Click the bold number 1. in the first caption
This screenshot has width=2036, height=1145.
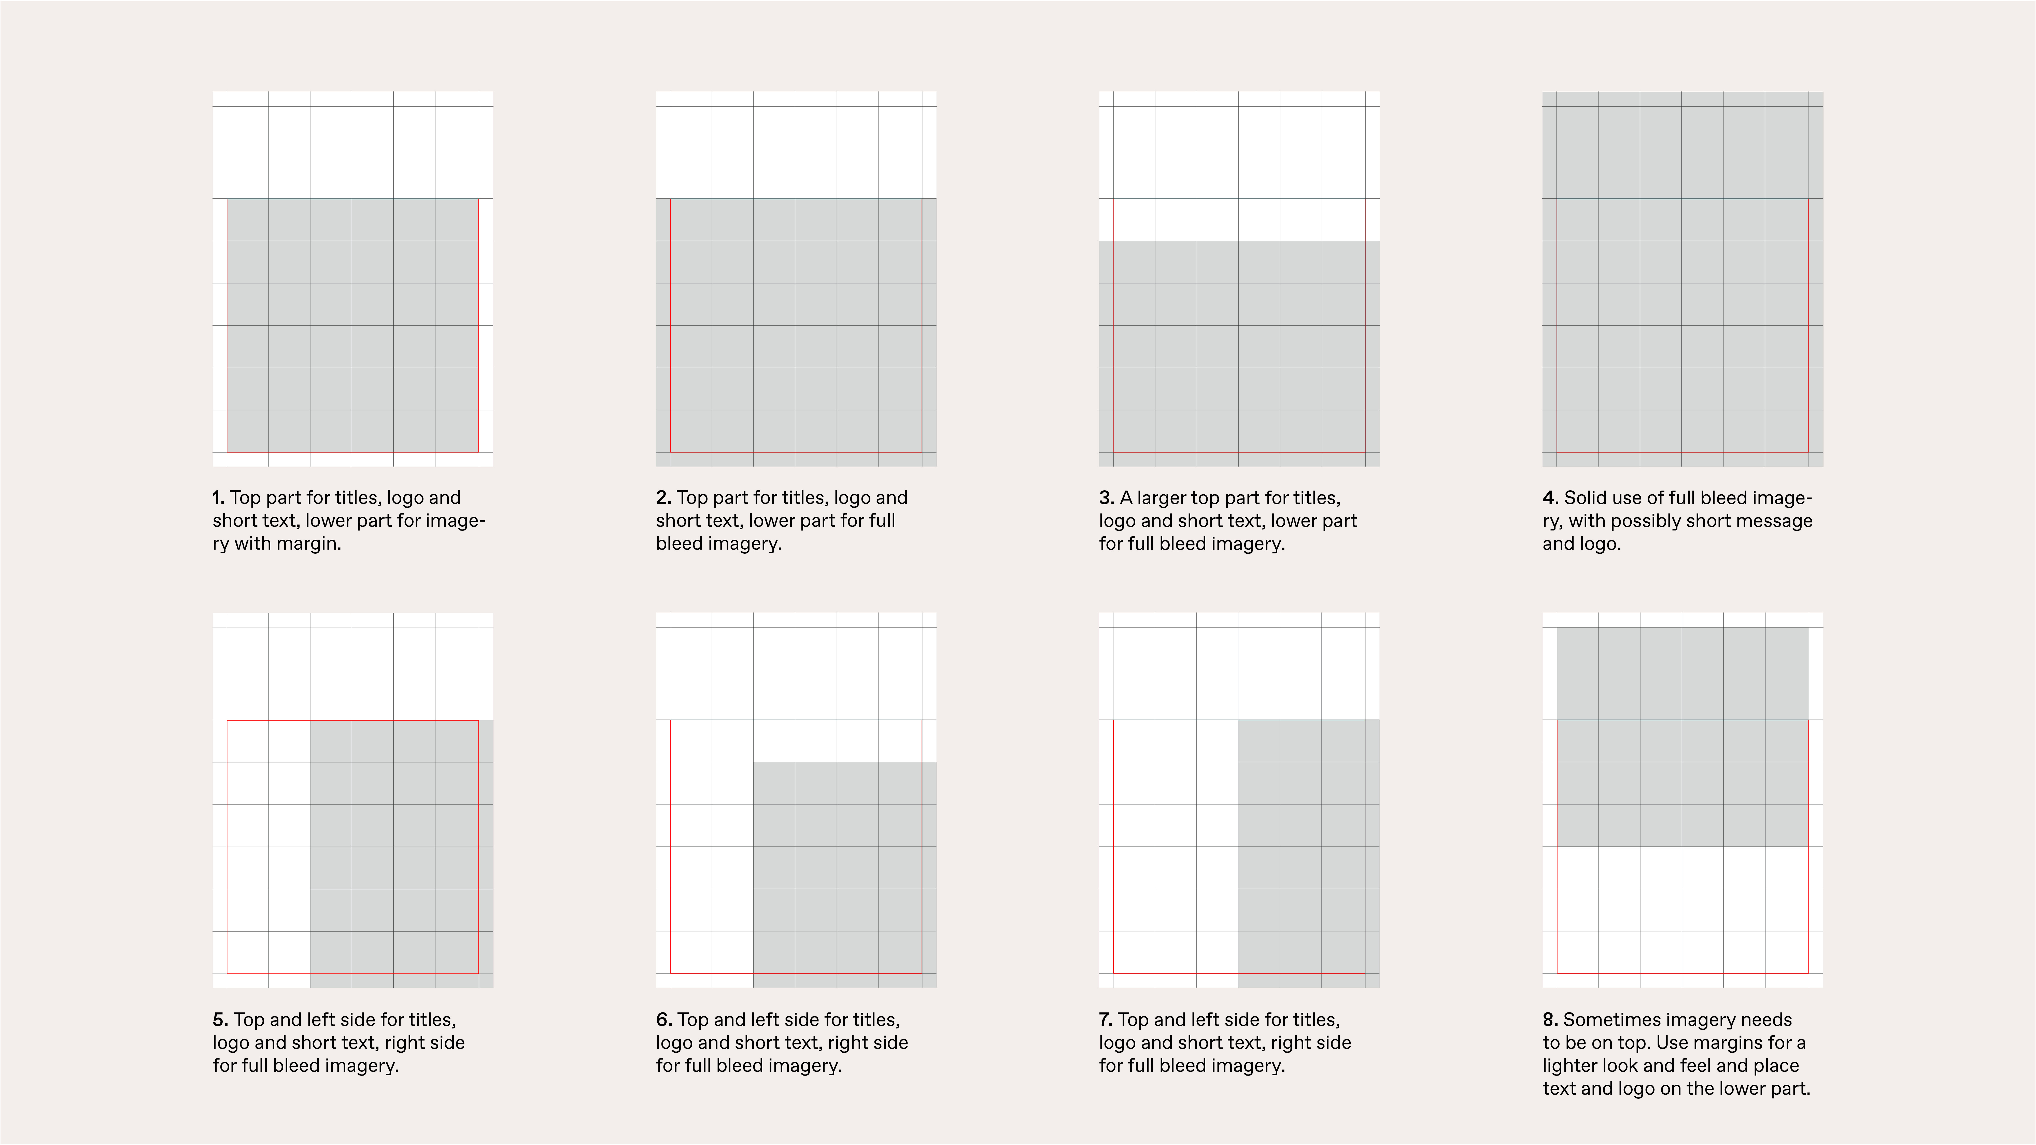point(218,498)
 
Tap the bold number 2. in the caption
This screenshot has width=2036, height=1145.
point(663,498)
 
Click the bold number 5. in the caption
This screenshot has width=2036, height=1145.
point(220,1020)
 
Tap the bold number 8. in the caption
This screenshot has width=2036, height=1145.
point(1550,1020)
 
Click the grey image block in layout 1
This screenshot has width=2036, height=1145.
point(352,326)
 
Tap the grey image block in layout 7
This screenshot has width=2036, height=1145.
point(1308,853)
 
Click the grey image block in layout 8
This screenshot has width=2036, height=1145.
point(1682,736)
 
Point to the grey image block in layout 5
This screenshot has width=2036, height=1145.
point(401,853)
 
